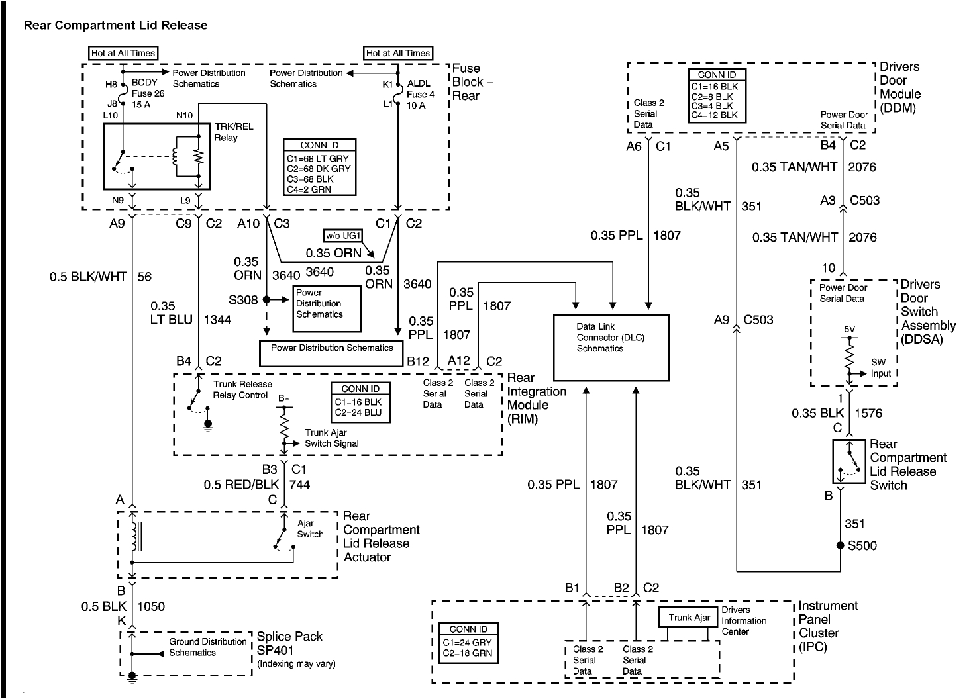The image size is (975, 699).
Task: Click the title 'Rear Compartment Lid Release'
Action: click(x=115, y=26)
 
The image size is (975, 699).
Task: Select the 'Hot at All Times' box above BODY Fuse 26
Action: click(x=123, y=53)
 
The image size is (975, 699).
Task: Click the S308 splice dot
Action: click(x=266, y=300)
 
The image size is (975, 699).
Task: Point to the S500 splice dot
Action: click(x=841, y=546)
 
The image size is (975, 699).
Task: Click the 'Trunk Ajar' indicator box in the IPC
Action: click(x=689, y=618)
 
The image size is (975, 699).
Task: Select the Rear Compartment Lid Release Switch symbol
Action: click(x=848, y=462)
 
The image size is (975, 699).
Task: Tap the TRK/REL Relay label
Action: click(x=233, y=132)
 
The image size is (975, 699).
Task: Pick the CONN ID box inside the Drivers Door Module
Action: click(x=717, y=95)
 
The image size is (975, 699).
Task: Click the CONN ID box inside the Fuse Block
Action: click(x=319, y=167)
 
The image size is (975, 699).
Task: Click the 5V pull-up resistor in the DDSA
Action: click(x=848, y=357)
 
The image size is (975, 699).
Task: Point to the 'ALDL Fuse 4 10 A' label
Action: click(x=421, y=95)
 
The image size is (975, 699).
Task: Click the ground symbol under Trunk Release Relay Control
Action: click(x=208, y=424)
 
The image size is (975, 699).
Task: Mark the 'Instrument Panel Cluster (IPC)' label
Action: click(x=828, y=626)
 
